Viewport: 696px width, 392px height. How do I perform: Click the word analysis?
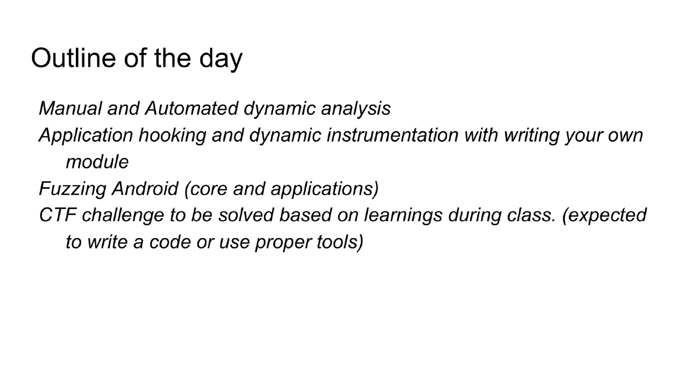point(356,109)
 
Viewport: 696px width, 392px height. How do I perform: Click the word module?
point(97,162)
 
